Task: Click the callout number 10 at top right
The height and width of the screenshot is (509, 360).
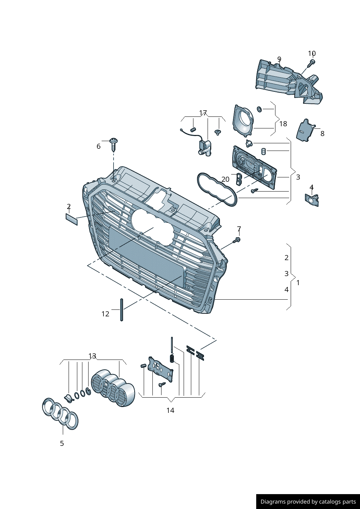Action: [x=312, y=54]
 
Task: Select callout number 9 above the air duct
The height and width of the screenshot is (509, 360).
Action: [x=279, y=59]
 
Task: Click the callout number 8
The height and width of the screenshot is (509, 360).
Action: [x=322, y=134]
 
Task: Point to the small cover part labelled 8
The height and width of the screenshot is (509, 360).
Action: [x=305, y=130]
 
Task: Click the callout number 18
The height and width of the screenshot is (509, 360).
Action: [x=283, y=124]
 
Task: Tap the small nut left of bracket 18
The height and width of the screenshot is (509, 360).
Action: [x=259, y=109]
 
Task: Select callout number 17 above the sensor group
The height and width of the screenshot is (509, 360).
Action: [x=203, y=113]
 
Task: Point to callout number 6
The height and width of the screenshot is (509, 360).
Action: [x=98, y=146]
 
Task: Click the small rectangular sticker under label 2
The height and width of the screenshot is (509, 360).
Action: [x=71, y=219]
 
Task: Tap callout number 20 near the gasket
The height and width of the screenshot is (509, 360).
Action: [x=225, y=179]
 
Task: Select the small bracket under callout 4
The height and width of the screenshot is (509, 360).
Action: [x=312, y=200]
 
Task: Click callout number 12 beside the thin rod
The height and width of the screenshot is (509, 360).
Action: [x=105, y=314]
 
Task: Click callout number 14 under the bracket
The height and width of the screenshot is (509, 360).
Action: [x=170, y=410]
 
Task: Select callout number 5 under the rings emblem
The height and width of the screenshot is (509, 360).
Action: [x=62, y=443]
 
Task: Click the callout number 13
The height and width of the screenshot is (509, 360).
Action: [x=92, y=356]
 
